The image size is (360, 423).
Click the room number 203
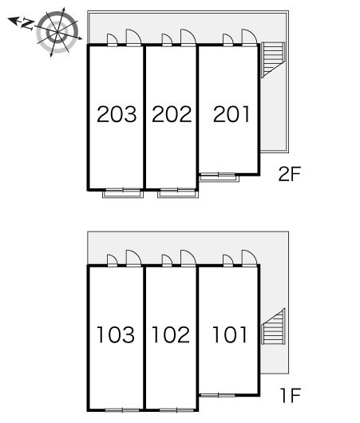[117, 114]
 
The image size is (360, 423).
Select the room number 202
[172, 114]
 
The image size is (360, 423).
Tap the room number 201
[231, 114]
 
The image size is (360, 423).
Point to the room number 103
[116, 334]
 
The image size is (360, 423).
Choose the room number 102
[171, 334]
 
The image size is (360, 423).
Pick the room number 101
[230, 334]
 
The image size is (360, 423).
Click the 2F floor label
[289, 174]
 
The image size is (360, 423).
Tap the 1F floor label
[291, 395]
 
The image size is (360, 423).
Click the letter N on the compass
[27, 24]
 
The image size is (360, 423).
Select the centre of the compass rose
[57, 32]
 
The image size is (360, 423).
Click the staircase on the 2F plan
[273, 60]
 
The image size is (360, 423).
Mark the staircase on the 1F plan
[273, 326]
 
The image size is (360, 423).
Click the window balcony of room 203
[123, 193]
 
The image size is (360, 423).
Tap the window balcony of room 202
[178, 193]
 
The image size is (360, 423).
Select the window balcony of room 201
[219, 177]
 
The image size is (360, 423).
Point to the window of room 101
[217, 396]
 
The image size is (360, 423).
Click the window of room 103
[122, 410]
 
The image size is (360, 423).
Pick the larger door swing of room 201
[249, 38]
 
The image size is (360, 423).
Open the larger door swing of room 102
[188, 259]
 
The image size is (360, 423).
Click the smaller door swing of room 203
[113, 40]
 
